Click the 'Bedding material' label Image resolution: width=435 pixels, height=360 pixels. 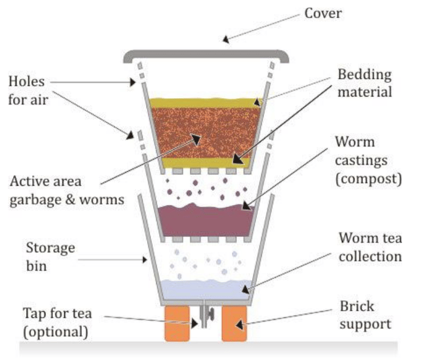(364, 83)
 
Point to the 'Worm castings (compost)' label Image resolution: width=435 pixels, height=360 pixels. (368, 160)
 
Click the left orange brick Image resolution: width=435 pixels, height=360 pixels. (176, 323)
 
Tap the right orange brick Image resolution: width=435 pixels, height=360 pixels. (233, 323)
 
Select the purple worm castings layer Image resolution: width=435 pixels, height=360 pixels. (204, 219)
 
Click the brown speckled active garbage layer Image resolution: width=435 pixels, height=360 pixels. (205, 131)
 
